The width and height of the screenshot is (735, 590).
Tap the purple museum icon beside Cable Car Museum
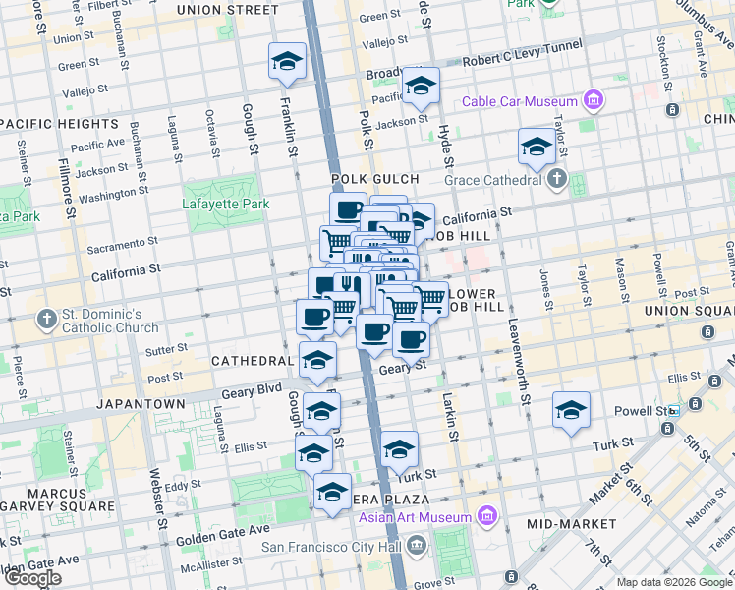pos(593,100)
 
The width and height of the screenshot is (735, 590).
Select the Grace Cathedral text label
pos(493,180)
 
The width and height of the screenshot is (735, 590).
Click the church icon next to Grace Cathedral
pos(558,179)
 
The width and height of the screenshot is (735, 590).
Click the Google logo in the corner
pos(32,578)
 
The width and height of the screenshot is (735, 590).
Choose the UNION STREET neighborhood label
pos(227,10)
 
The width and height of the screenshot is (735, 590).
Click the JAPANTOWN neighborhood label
pos(141,404)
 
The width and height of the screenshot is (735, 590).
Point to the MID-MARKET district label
pos(567,525)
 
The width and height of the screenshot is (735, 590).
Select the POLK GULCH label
pos(374,179)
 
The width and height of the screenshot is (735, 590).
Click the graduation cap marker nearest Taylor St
pos(536,147)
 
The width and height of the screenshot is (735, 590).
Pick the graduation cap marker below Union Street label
pos(287,61)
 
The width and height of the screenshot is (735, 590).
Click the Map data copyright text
pos(674,582)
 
